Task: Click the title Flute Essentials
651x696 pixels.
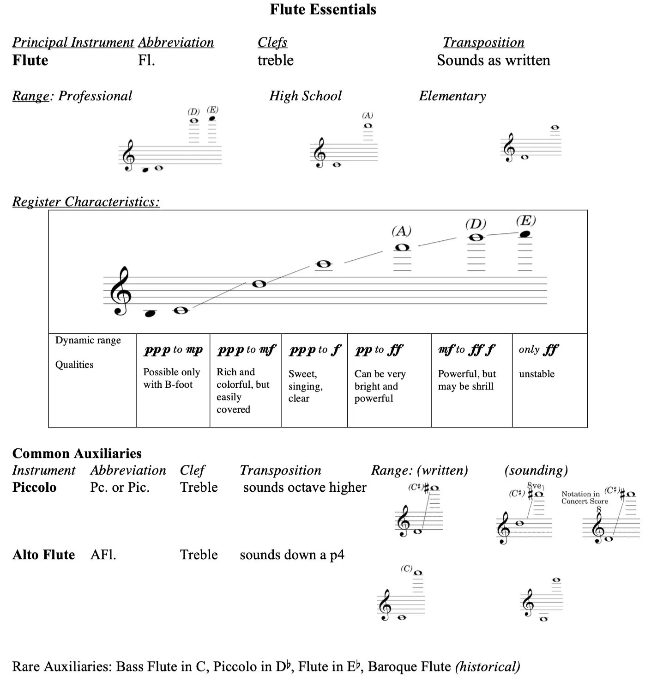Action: [323, 9]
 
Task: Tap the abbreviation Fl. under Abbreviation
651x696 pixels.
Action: [146, 60]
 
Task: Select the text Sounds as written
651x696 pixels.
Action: [493, 60]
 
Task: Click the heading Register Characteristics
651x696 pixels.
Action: [86, 201]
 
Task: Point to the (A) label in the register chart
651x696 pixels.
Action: [401, 231]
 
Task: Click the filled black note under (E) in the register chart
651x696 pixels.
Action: [524, 234]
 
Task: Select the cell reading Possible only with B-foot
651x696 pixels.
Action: [172, 378]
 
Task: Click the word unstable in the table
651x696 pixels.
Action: [536, 374]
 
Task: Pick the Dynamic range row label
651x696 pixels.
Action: [88, 340]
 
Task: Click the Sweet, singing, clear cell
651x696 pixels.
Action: [306, 386]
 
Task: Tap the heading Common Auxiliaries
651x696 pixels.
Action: [77, 453]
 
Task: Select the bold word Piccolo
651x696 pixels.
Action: [34, 487]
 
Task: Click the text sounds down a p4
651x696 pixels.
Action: [292, 555]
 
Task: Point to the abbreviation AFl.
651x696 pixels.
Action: [103, 555]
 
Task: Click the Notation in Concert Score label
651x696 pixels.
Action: [585, 497]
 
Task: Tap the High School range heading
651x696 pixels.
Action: [305, 96]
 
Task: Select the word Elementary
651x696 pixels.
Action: [452, 96]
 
